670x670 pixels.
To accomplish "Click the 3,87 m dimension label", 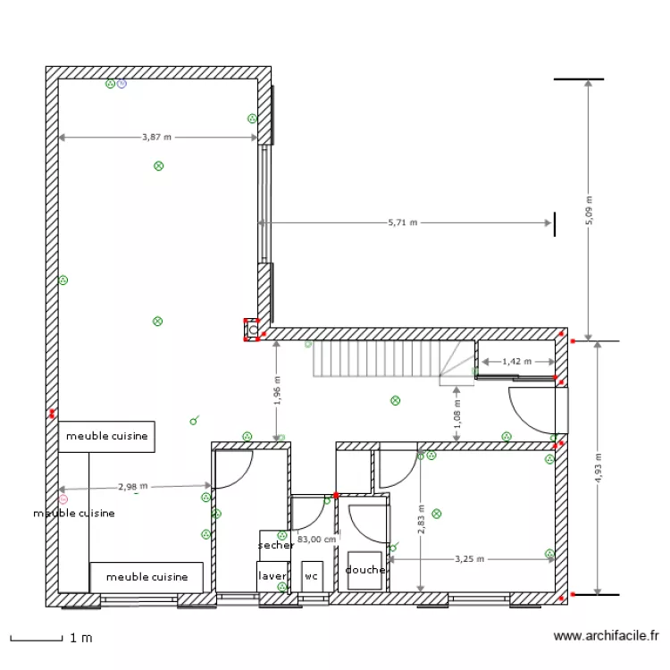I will pos(156,138).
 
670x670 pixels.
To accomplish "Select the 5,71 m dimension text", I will pos(403,223).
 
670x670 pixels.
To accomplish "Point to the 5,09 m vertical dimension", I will pos(589,211).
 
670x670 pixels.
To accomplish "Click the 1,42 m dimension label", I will pos(516,362).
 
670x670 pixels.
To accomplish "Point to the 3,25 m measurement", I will pos(469,559).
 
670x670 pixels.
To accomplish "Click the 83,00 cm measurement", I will pos(317,540).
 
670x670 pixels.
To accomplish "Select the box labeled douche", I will pos(365,570).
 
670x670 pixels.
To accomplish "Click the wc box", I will pos(311,576).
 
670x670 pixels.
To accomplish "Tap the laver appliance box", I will pos(272,576).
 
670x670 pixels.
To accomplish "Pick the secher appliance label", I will pos(275,545).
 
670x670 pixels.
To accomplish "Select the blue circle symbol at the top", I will pos(122,84).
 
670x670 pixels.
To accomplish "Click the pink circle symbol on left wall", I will pos(63,499).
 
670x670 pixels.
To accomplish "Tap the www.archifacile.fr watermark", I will pos(607,637).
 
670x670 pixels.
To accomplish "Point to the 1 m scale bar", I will pos(36,638).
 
